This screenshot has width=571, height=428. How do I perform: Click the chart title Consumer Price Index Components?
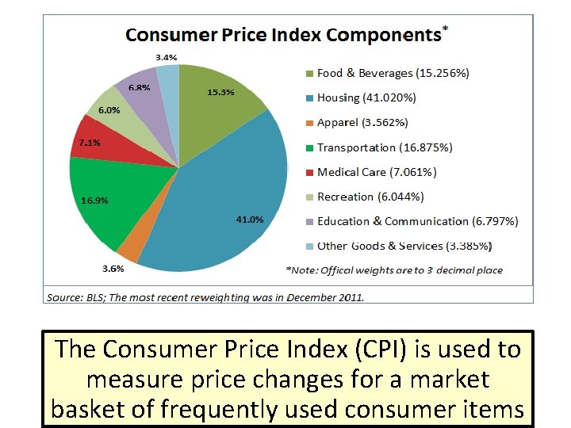[x=283, y=35]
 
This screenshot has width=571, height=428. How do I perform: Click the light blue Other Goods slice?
[x=168, y=79]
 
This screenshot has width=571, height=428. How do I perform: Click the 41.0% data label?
[x=250, y=220]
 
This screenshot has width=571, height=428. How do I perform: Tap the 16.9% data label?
[x=94, y=201]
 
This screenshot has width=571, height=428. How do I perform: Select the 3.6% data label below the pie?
[x=112, y=269]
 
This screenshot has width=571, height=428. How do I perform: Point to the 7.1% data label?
[x=89, y=143]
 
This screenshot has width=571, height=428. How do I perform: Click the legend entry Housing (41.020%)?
[x=366, y=97]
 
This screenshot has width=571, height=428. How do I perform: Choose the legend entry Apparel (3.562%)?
[x=362, y=123]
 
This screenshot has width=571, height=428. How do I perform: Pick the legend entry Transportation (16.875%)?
[x=385, y=147]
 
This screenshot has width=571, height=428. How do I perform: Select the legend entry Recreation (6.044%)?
[x=370, y=197]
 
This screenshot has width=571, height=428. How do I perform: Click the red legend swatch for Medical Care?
[x=309, y=173]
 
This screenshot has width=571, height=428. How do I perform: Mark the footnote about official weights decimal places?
[x=394, y=270]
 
